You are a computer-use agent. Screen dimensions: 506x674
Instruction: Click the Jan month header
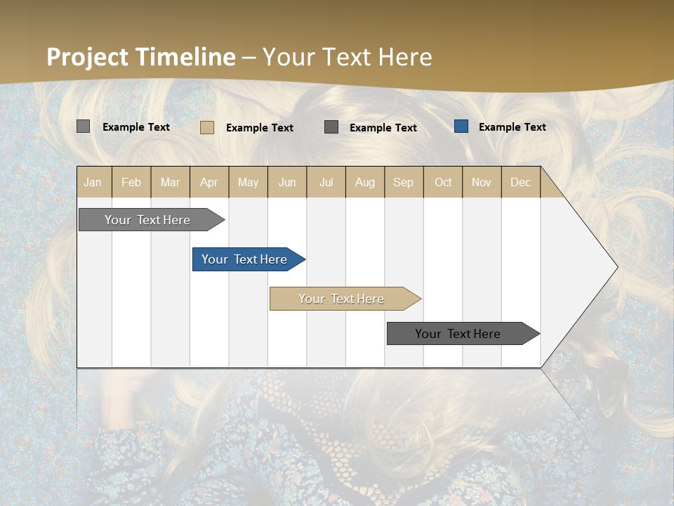tap(93, 182)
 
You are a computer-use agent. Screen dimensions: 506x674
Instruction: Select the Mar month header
tap(170, 182)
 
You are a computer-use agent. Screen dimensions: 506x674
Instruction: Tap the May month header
tap(248, 182)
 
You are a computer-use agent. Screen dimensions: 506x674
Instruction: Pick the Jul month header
tap(326, 182)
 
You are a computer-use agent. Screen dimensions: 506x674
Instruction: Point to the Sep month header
tap(403, 182)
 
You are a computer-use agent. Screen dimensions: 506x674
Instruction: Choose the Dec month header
tap(520, 182)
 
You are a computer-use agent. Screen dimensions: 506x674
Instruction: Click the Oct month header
tap(443, 182)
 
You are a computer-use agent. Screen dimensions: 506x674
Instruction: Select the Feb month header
tap(131, 182)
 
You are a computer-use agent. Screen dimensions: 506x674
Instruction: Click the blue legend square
tap(461, 126)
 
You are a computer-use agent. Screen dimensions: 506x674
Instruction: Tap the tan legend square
tap(206, 127)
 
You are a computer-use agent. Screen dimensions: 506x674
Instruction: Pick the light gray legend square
tap(83, 126)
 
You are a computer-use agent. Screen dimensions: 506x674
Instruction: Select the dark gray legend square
tap(331, 126)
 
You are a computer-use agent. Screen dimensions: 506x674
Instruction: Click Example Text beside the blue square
tap(512, 127)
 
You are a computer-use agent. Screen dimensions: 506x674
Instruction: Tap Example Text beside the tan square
tap(259, 128)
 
